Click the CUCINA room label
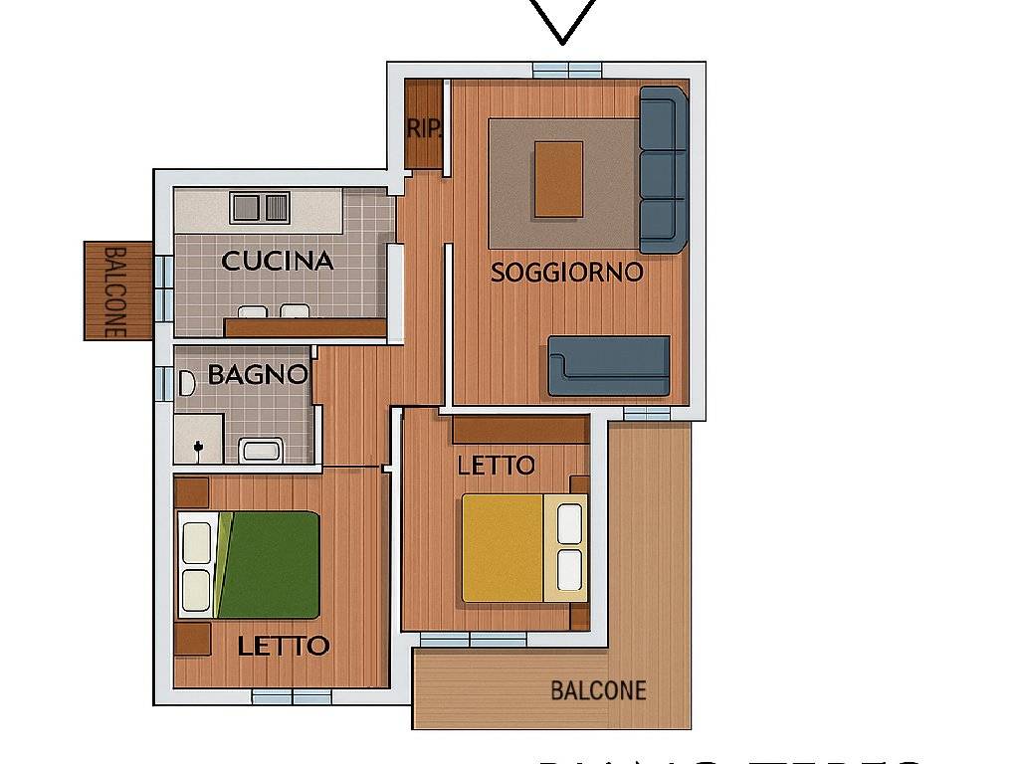(277, 261)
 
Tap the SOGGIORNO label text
(566, 272)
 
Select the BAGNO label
(257, 375)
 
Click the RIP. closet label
(423, 129)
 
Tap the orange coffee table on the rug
(558, 179)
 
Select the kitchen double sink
(260, 208)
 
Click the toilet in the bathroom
(185, 384)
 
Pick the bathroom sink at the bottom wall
(262, 450)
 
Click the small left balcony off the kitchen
(117, 290)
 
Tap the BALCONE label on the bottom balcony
(598, 690)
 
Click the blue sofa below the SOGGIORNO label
(609, 366)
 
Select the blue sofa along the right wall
(663, 169)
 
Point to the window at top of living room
(566, 70)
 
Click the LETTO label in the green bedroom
(284, 646)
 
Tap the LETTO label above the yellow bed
(496, 465)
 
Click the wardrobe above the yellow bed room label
(519, 430)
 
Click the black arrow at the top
(562, 20)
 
